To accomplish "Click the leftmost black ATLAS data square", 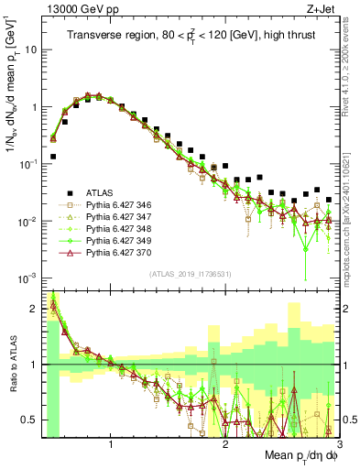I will pos(53,157).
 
